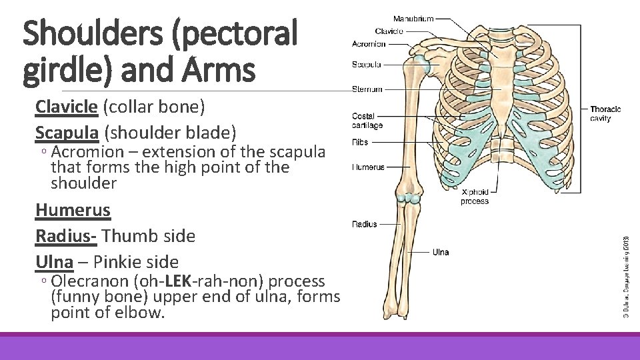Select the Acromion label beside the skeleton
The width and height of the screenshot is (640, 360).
click(369, 44)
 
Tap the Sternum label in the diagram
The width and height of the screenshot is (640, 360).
click(367, 89)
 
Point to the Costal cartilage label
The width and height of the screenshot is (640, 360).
click(367, 121)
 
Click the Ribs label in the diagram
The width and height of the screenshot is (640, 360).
click(361, 141)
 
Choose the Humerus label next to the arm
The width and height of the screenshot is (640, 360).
click(369, 167)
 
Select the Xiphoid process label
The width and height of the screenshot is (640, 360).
click(475, 197)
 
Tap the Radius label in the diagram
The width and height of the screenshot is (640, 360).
click(365, 225)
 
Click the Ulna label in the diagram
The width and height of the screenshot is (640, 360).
click(441, 252)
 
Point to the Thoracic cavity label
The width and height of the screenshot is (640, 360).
click(605, 113)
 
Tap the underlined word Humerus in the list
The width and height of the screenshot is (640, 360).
click(73, 210)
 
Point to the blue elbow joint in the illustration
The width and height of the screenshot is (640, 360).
click(408, 198)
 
